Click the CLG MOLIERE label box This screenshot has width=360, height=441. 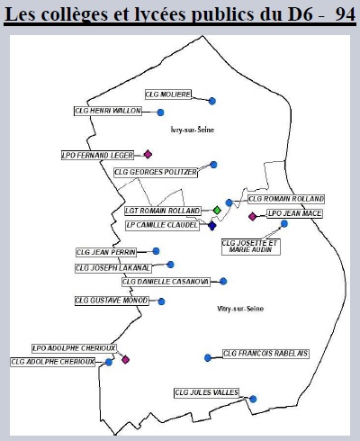click(x=168, y=94)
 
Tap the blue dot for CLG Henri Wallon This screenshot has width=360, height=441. click(x=160, y=112)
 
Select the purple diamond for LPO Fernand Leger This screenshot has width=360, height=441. click(x=148, y=155)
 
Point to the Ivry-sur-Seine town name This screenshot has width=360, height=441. click(x=193, y=130)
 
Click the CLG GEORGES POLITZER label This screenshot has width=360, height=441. click(x=156, y=172)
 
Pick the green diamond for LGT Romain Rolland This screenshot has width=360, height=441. click(x=217, y=211)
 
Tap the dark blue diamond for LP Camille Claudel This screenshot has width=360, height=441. click(x=212, y=226)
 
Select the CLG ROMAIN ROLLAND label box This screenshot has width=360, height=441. click(x=286, y=199)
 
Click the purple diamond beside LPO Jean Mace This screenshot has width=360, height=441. click(x=253, y=216)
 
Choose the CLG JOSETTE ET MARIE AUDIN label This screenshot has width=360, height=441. click(x=251, y=247)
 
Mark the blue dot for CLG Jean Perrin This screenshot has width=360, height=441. click(x=156, y=251)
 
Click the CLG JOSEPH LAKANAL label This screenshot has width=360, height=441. click(x=113, y=268)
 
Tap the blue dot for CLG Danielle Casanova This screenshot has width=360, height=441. click(x=223, y=282)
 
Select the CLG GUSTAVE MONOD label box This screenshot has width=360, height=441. click(x=112, y=301)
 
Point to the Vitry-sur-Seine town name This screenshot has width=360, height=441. click(x=240, y=309)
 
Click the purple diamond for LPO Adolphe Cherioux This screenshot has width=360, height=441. click(x=125, y=359)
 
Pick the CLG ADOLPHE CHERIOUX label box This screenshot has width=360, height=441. click(x=53, y=362)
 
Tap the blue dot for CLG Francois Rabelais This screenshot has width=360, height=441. click(x=208, y=357)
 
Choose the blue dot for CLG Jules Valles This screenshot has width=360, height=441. click(x=253, y=399)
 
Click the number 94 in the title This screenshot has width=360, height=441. click(x=346, y=14)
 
